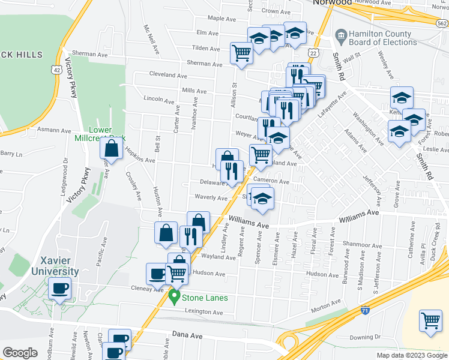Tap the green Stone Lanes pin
[x=175, y=296]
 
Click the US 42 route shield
[x=56, y=69]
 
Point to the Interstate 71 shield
[x=366, y=310]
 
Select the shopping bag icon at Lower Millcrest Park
[x=112, y=148]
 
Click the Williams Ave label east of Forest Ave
[x=359, y=213]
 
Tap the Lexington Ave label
[x=203, y=311]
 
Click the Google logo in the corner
[x=20, y=353]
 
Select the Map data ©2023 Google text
[x=412, y=355]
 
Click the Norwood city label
[x=332, y=2]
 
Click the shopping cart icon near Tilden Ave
[x=241, y=53]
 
